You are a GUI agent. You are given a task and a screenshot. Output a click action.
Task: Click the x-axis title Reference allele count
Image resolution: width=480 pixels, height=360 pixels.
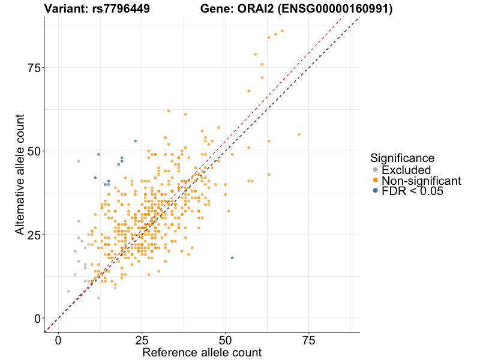pos(202,353)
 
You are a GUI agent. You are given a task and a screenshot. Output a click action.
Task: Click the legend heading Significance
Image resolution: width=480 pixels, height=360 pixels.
pos(402,158)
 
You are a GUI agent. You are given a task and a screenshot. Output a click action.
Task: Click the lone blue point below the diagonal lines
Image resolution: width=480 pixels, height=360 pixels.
pos(232,258)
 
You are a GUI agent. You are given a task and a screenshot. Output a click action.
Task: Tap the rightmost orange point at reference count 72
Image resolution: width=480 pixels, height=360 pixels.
pos(299,134)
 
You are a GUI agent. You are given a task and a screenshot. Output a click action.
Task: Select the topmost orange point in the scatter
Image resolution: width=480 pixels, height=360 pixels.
pos(282,31)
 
